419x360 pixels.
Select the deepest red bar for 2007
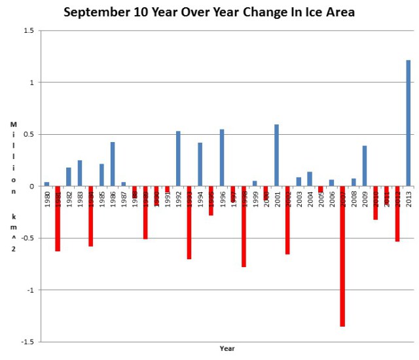pyautogui.click(x=342, y=256)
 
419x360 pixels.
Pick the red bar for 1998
pyautogui.click(x=244, y=226)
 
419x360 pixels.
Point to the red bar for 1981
pyautogui.click(x=58, y=219)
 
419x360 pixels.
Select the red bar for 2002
pyautogui.click(x=287, y=220)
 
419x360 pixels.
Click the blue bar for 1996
pyautogui.click(x=222, y=158)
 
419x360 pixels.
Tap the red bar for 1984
pyautogui.click(x=90, y=216)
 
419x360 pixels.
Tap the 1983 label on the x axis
pyautogui.click(x=80, y=198)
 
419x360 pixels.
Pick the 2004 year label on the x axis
pyautogui.click(x=309, y=198)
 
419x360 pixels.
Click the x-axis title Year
pyautogui.click(x=227, y=349)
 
